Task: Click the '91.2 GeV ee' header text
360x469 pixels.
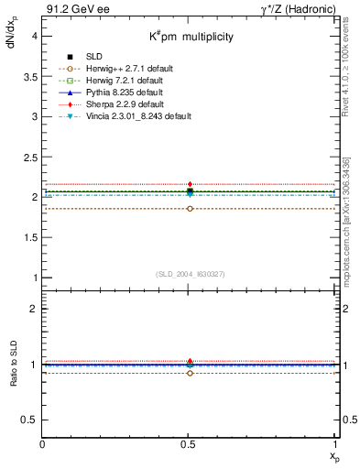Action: point(71,9)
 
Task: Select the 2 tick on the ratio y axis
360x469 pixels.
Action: point(34,309)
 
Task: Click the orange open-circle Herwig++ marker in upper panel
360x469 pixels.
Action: point(190,209)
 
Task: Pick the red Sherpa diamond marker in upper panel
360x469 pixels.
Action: point(190,184)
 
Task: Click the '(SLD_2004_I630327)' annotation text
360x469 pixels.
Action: point(190,274)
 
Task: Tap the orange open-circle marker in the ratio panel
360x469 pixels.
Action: point(190,373)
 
